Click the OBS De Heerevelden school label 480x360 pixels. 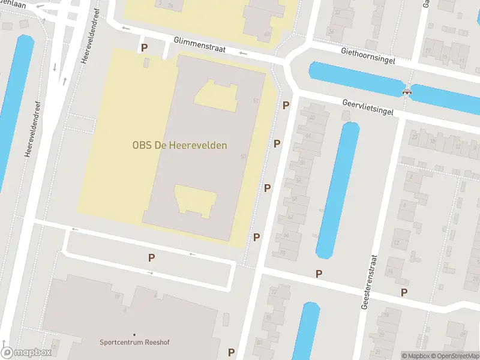(x=180, y=145)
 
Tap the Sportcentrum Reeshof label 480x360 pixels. (x=134, y=343)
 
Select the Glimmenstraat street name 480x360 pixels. (x=200, y=44)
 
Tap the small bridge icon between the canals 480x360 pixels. (x=408, y=92)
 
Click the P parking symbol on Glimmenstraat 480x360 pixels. (x=144, y=47)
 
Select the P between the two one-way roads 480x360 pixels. (x=152, y=258)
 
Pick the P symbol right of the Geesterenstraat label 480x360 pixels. (x=404, y=293)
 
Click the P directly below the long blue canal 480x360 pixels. (x=319, y=274)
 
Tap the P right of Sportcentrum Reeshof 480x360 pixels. (x=231, y=352)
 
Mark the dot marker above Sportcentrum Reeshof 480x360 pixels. (x=134, y=334)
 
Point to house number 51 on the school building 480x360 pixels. (x=256, y=100)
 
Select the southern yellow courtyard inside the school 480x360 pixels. (x=196, y=200)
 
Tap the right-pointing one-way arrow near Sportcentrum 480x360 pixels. (x=150, y=273)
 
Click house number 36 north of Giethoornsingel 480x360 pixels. (x=331, y=31)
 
